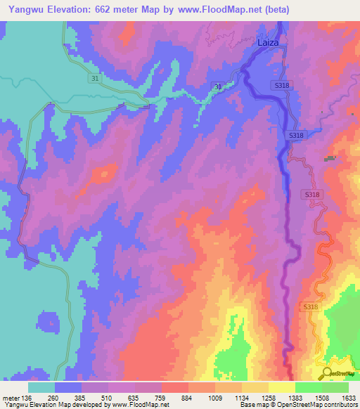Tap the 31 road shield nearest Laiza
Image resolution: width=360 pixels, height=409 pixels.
(x=217, y=86)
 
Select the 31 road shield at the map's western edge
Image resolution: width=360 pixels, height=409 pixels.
(x=95, y=79)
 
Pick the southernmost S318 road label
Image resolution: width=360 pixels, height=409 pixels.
(x=311, y=307)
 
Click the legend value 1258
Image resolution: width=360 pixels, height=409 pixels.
(x=269, y=398)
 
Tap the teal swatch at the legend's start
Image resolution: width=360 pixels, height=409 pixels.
(x=41, y=387)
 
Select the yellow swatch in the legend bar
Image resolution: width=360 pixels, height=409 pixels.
(x=281, y=387)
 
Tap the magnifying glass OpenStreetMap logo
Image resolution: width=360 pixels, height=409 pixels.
(x=328, y=373)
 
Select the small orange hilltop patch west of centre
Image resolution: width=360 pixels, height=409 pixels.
(x=106, y=172)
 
